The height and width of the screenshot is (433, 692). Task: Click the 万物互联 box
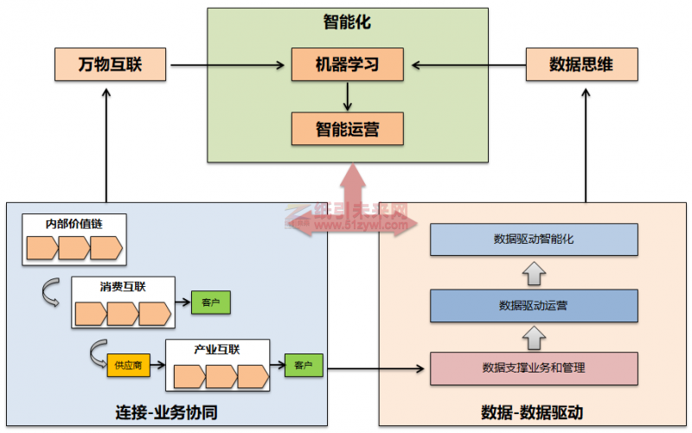(110, 64)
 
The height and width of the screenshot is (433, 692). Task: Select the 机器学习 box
(347, 64)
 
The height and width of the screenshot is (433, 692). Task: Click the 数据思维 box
(581, 64)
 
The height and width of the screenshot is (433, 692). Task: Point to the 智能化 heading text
(346, 22)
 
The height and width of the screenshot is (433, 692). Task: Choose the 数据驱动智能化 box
(534, 239)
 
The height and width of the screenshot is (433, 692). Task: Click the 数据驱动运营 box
(534, 305)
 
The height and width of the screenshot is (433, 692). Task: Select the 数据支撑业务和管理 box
(534, 368)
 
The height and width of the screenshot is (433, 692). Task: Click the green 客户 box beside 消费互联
(211, 302)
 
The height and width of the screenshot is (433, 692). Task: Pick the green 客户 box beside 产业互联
(303, 365)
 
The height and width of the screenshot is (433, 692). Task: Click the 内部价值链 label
(74, 224)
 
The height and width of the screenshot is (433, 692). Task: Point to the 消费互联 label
(122, 286)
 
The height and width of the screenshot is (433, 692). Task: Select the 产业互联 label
(217, 350)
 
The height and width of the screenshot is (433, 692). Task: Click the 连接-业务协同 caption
(166, 412)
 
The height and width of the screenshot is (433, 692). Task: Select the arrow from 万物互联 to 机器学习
(228, 64)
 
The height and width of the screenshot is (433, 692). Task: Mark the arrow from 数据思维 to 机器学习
(468, 64)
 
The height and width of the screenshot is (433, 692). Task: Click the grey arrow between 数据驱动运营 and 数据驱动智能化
(534, 273)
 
